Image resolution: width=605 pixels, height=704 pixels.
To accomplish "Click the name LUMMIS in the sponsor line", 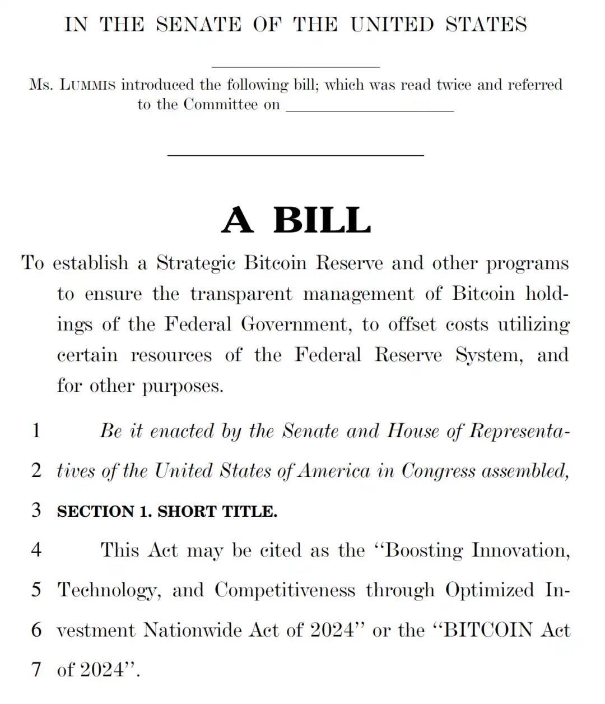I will [87, 85].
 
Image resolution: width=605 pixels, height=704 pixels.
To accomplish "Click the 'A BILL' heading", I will [296, 220].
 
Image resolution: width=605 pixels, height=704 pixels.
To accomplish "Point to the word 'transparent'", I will [241, 294].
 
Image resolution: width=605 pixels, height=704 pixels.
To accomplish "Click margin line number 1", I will [36, 430].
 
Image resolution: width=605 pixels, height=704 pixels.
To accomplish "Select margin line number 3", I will [36, 510].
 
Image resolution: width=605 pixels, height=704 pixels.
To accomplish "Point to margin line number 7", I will [36, 669].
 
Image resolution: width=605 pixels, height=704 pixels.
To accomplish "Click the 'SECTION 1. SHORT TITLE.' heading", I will [167, 511].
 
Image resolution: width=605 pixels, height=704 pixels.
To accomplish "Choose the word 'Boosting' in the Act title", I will [424, 550].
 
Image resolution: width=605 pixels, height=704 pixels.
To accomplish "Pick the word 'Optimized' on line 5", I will [490, 590].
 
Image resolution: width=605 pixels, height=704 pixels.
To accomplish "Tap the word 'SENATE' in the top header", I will [199, 25].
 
